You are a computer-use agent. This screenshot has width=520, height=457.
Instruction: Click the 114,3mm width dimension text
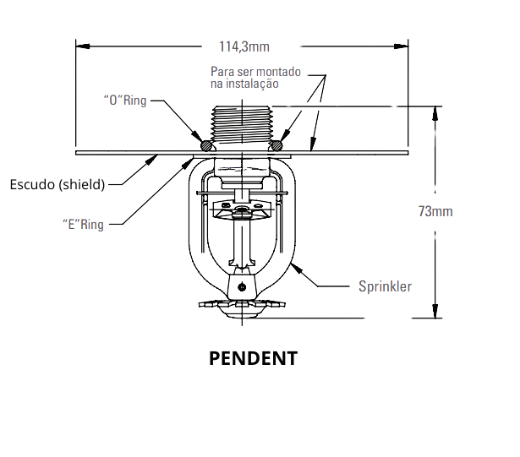(244, 46)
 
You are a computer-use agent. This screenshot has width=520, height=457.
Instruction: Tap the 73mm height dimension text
(435, 211)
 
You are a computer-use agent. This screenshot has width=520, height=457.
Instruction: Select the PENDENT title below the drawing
(254, 358)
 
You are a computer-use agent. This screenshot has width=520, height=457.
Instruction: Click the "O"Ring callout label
(125, 100)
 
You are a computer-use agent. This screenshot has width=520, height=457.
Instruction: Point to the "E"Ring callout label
(83, 225)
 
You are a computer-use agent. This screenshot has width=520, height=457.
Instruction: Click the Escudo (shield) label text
(57, 184)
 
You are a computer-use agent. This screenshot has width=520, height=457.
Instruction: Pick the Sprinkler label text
(385, 286)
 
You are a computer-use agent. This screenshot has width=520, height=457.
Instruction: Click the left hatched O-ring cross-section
(206, 145)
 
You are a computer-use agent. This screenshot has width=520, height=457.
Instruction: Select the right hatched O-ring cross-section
(276, 145)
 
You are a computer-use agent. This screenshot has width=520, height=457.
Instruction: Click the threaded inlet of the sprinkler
(242, 125)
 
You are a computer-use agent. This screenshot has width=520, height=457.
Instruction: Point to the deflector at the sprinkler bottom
(242, 307)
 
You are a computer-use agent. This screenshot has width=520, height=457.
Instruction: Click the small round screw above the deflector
(242, 286)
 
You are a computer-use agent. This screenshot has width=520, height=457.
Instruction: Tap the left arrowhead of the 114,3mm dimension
(83, 46)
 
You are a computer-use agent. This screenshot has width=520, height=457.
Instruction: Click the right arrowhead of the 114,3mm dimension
(401, 46)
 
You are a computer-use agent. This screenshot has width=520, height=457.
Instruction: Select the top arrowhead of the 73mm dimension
(435, 113)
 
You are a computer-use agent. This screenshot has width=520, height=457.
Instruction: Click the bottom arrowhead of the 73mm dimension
(435, 311)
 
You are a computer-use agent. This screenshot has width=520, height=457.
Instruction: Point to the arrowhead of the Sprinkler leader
(297, 268)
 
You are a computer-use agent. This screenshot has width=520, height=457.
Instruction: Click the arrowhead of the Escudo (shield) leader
(151, 160)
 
